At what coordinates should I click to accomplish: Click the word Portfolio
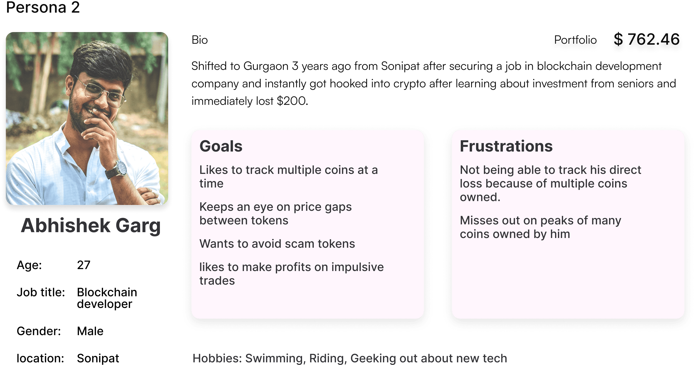575,40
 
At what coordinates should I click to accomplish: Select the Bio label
200,40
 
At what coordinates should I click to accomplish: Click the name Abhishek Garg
91,226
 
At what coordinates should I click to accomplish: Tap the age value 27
84,265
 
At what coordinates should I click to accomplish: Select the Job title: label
41,292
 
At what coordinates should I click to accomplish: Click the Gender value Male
90,331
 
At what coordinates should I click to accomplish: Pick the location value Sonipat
98,358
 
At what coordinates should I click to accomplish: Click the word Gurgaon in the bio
266,66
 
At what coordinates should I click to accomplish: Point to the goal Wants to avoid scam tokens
277,244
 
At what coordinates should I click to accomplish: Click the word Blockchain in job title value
107,292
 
